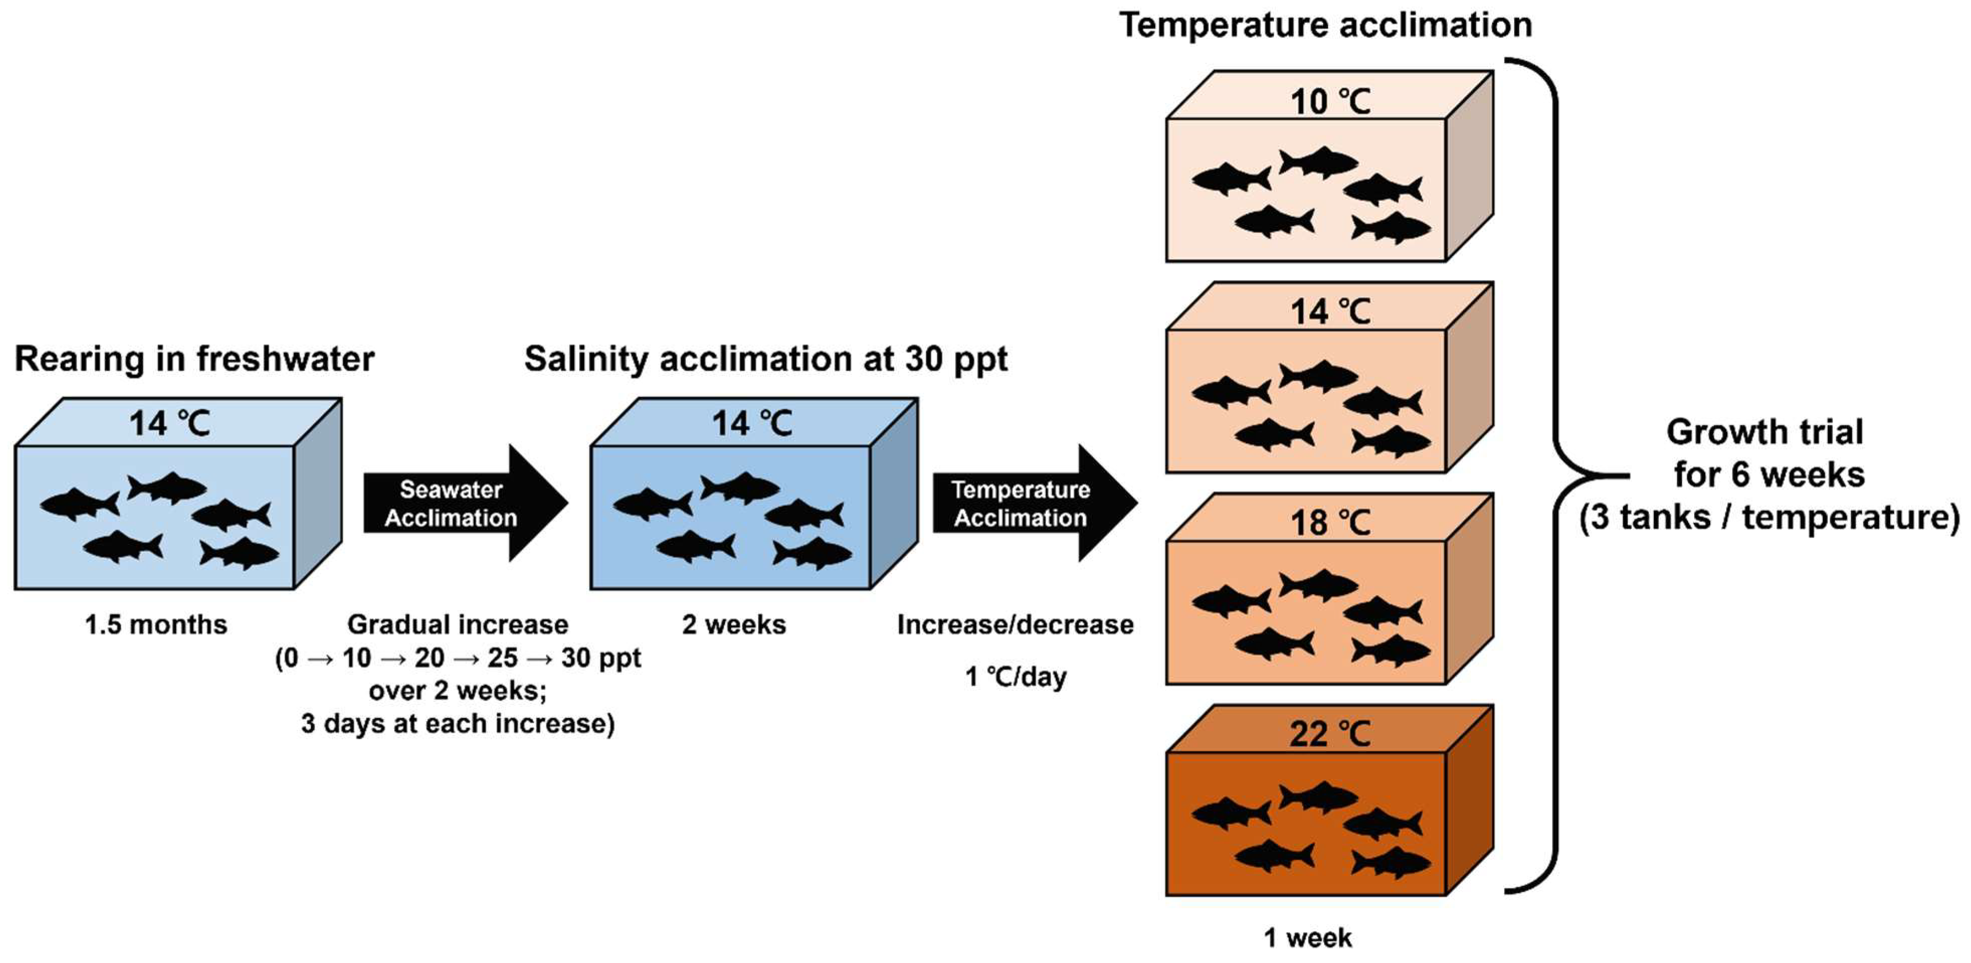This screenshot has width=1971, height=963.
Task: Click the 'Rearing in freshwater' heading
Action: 194,359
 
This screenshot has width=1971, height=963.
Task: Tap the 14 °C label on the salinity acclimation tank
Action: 752,423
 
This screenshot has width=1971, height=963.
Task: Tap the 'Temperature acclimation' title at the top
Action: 1325,25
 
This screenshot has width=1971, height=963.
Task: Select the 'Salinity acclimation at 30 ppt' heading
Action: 765,359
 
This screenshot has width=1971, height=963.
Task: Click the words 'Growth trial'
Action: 1764,432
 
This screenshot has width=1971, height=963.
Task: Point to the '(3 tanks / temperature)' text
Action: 1769,517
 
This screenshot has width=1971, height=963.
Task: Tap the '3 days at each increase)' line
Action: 457,724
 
